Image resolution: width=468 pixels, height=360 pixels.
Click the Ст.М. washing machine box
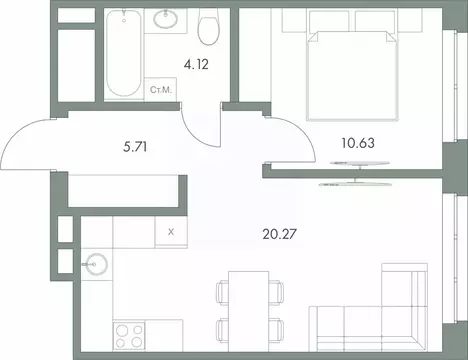(x=160, y=90)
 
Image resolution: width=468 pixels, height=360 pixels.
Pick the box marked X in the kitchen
(x=170, y=231)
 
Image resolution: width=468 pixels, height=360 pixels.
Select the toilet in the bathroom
(x=208, y=29)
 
